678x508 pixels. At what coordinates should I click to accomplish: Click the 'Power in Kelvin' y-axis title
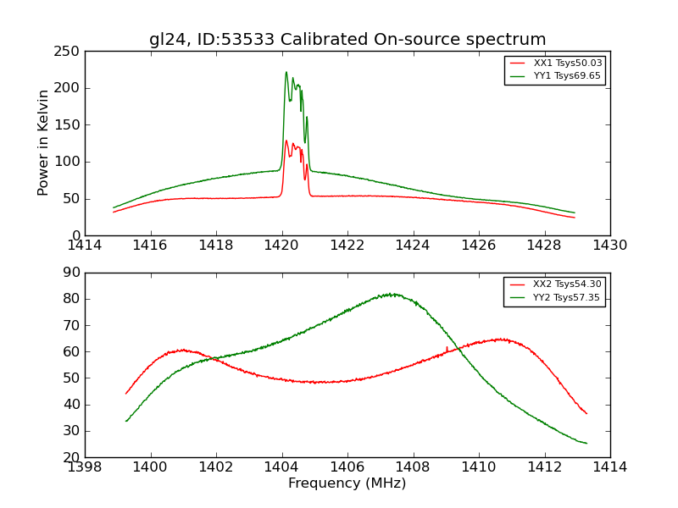(x=43, y=142)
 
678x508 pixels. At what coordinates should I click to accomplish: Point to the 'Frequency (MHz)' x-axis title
(x=347, y=483)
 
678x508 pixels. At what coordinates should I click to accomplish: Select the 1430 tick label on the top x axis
(x=610, y=246)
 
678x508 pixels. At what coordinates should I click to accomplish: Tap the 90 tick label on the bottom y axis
(x=72, y=273)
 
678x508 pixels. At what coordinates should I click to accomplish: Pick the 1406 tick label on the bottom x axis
(x=347, y=467)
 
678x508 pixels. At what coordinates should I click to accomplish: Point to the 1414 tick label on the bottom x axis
(x=610, y=467)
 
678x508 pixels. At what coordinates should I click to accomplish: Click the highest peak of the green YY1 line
(x=286, y=72)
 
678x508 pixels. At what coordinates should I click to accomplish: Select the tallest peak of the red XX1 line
(x=286, y=141)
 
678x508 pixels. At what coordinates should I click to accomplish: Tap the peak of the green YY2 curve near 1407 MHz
(x=391, y=294)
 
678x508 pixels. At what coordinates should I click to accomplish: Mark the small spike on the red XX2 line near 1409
(x=447, y=346)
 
